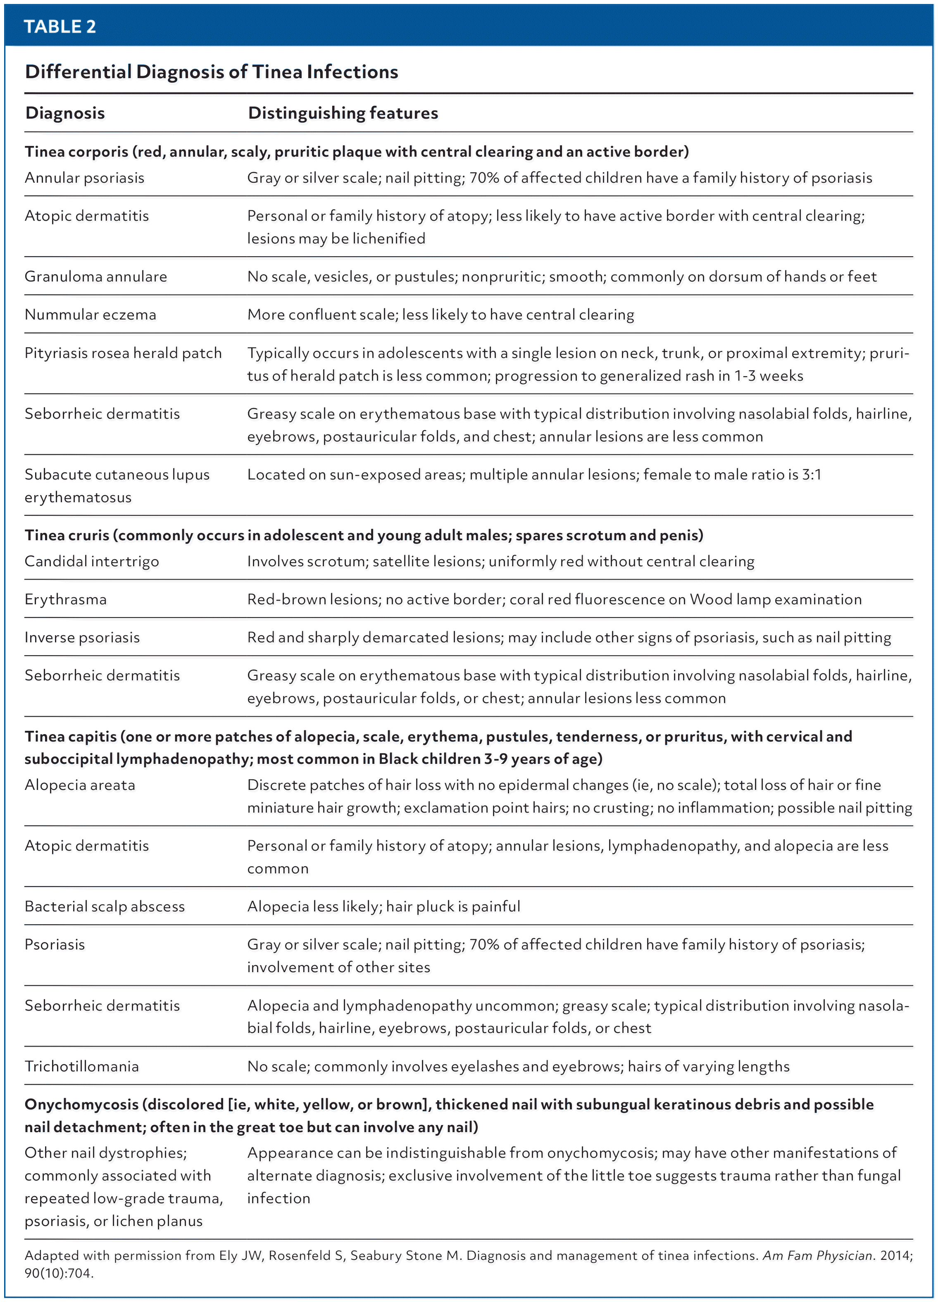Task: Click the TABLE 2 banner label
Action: [x=60, y=26]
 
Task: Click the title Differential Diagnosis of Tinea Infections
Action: [x=211, y=72]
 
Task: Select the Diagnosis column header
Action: [x=65, y=113]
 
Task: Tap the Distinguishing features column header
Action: [x=343, y=113]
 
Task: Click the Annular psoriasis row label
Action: [x=84, y=178]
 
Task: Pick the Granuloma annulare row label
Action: [x=96, y=277]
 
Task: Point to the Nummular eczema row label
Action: [x=90, y=315]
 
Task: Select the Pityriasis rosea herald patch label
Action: [x=123, y=353]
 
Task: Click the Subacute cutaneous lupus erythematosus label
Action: [x=117, y=486]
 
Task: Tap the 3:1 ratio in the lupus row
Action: [x=811, y=475]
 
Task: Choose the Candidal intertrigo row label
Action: [x=92, y=561]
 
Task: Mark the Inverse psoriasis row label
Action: [x=82, y=637]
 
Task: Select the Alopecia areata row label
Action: [x=80, y=785]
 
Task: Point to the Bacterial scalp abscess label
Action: [x=105, y=906]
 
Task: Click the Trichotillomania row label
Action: [x=81, y=1067]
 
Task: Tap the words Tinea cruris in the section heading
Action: [x=67, y=535]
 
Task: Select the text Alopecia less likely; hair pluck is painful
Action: [x=383, y=906]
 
